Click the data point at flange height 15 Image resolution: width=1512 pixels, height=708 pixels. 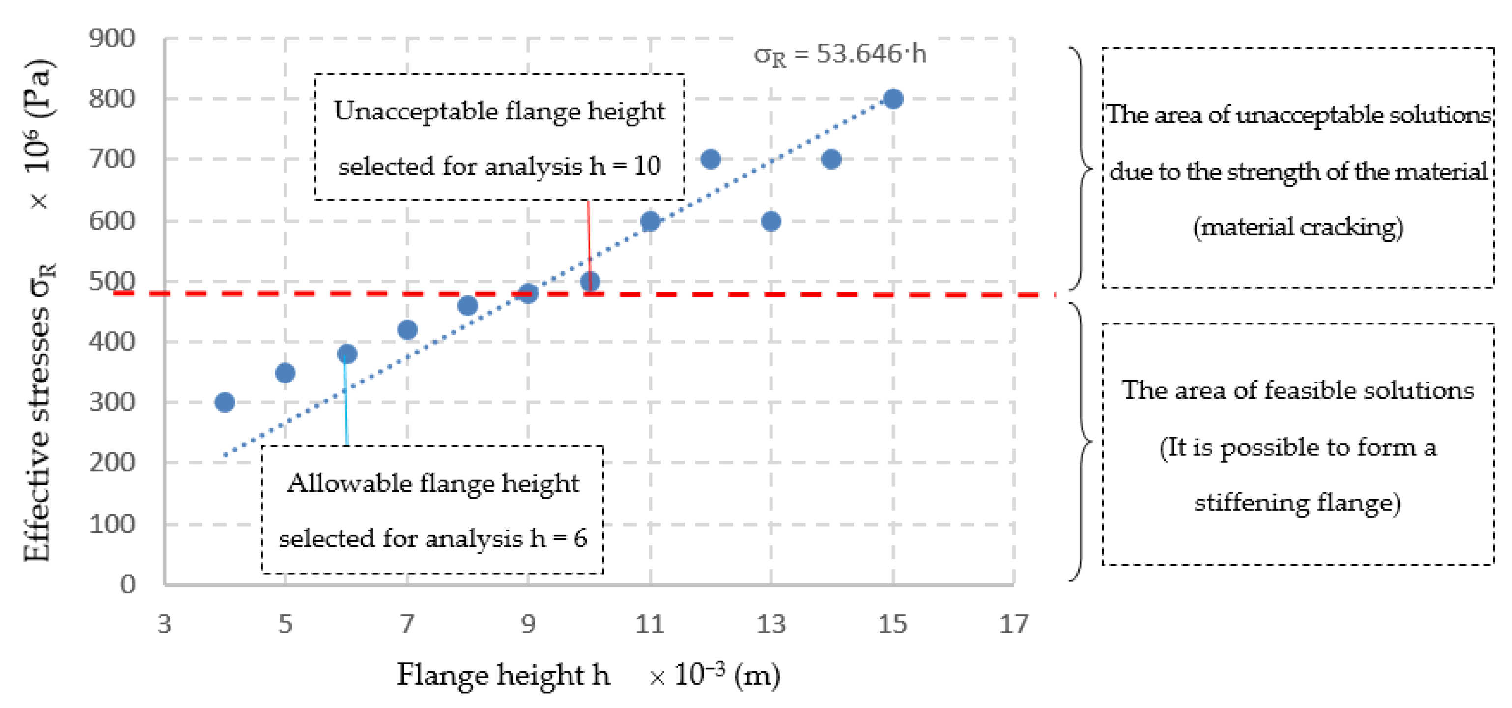point(893,99)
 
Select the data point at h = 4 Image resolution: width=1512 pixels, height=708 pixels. point(225,402)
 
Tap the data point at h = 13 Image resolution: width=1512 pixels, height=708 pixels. point(770,221)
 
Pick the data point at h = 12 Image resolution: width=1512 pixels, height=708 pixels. point(710,159)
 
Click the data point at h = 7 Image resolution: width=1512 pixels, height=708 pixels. point(407,330)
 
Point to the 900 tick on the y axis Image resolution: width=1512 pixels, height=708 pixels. point(112,39)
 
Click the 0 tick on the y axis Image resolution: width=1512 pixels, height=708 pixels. point(127,584)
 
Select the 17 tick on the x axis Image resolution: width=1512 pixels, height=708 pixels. point(1014,624)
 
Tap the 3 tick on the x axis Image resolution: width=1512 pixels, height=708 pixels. point(164,624)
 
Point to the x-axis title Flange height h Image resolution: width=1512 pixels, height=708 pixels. point(503,675)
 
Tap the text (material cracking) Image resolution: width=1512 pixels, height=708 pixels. point(1298,227)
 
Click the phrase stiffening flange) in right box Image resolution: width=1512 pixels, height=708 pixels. point(1298,503)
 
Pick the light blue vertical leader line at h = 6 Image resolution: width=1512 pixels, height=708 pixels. point(346,405)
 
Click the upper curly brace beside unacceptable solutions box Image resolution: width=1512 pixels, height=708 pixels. point(1082,169)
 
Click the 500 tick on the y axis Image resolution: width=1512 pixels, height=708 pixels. point(112,281)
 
